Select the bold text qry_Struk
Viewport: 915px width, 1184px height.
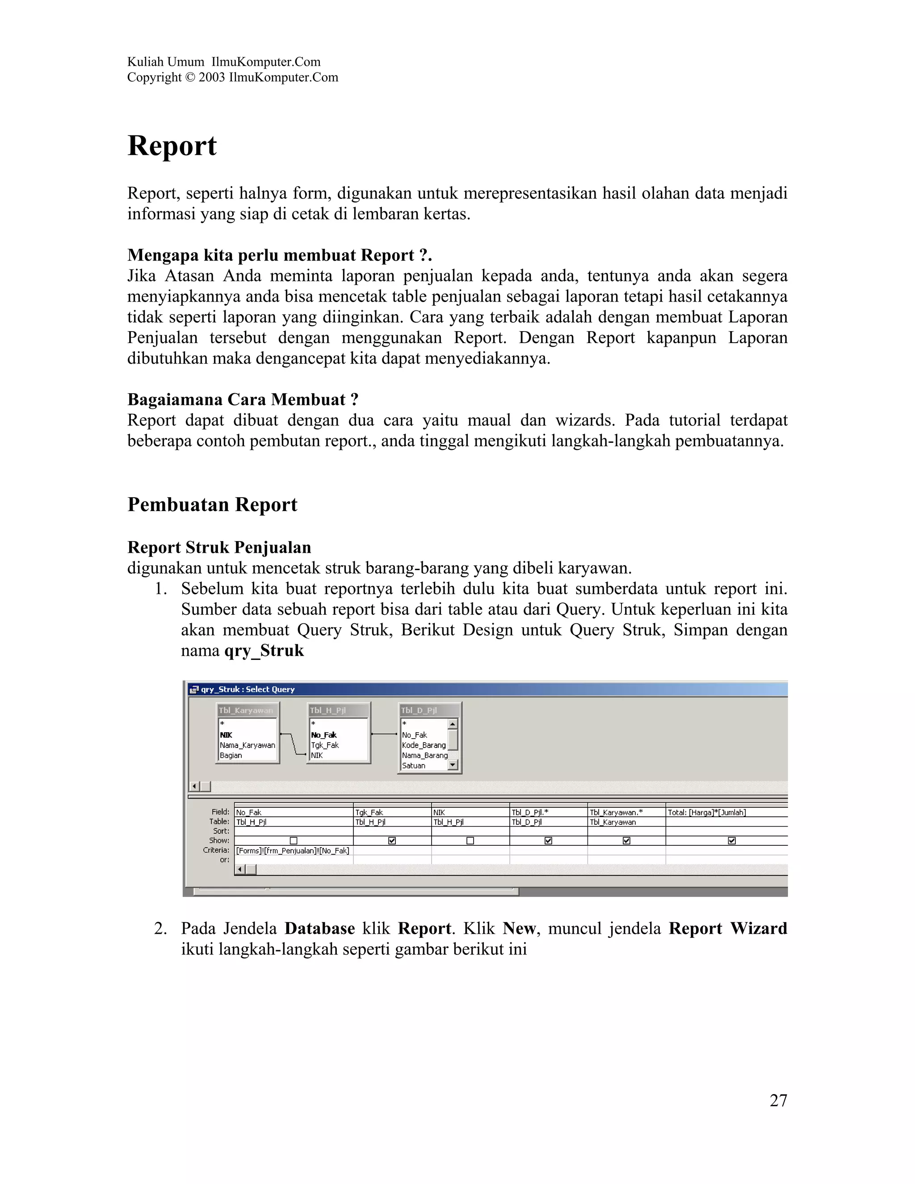[264, 651]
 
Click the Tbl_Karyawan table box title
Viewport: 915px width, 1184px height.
[246, 710]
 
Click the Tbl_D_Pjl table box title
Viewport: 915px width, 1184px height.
[419, 710]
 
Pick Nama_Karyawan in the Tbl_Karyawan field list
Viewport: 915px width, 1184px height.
[247, 745]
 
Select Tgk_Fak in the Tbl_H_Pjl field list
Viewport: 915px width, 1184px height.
[325, 745]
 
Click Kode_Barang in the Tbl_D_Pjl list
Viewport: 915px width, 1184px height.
[424, 745]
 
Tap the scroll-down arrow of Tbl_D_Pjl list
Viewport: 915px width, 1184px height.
[453, 765]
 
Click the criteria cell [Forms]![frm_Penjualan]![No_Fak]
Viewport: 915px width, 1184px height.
[293, 851]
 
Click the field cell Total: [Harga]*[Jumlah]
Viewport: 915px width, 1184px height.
[706, 812]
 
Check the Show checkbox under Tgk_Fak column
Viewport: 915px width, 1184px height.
[392, 841]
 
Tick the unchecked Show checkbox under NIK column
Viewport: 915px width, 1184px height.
[470, 841]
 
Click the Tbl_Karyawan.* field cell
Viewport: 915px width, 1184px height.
[616, 812]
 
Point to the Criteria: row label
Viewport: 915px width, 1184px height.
[216, 850]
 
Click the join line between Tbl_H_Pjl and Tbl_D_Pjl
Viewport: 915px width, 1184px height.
[384, 734]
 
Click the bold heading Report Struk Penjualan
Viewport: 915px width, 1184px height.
[219, 548]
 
